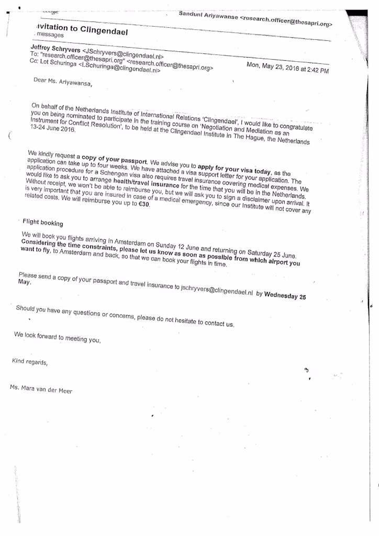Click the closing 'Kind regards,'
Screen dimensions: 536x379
pos(29,362)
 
